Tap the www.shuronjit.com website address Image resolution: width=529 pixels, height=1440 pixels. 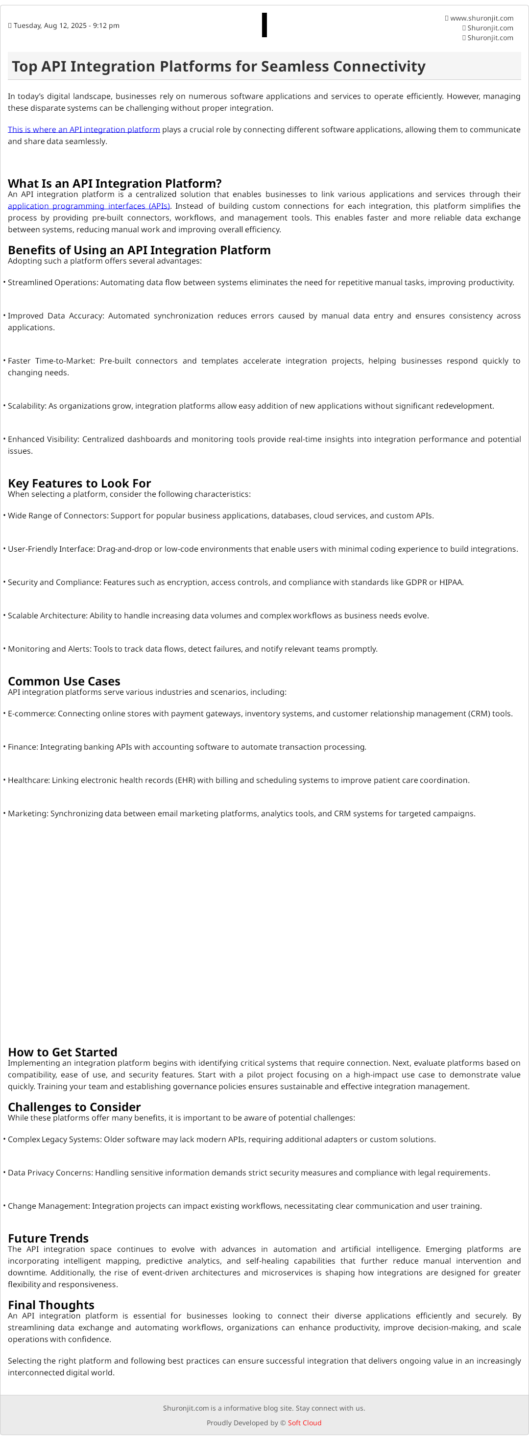pos(481,19)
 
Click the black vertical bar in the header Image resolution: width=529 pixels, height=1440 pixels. pos(264,25)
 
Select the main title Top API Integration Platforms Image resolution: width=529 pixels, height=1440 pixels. pos(218,67)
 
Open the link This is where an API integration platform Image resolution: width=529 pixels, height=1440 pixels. pos(84,130)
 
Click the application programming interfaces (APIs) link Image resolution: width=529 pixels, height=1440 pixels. pos(89,206)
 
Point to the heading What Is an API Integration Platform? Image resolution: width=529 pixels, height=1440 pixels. pos(115,183)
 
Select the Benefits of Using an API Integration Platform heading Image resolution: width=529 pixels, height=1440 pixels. pos(139,250)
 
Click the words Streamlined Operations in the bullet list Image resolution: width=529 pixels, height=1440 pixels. pos(52,283)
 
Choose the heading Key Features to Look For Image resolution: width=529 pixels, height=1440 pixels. pos(79,483)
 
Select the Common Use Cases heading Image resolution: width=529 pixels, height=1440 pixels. pos(64,681)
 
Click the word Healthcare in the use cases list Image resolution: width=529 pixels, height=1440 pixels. pos(28,781)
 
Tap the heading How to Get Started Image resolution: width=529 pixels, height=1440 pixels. pos(63,1052)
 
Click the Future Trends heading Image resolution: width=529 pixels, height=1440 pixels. pos(48,1238)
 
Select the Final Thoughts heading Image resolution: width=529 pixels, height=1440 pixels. pos(51,1305)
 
